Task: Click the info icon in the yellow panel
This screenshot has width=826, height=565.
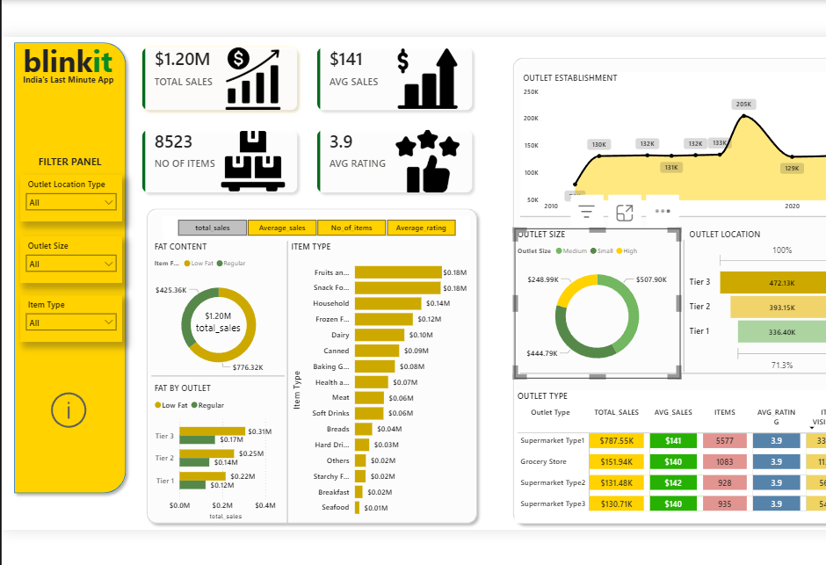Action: pos(69,410)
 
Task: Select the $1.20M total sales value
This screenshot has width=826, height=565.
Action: pos(182,60)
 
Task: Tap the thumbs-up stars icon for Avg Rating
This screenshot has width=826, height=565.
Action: pos(427,162)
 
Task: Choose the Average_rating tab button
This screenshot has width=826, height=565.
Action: pos(421,228)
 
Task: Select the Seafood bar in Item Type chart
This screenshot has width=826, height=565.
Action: pos(357,508)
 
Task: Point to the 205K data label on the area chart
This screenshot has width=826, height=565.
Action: pos(743,104)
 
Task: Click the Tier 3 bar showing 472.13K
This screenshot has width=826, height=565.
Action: pos(773,283)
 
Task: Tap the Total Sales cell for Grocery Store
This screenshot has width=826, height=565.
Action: pos(617,461)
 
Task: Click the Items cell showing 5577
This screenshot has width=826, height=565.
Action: pos(725,440)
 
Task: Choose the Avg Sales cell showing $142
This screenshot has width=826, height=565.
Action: pos(672,482)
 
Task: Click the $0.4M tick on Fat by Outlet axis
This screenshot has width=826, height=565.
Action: pos(265,506)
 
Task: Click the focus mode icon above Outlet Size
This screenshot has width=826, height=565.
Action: pos(625,213)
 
